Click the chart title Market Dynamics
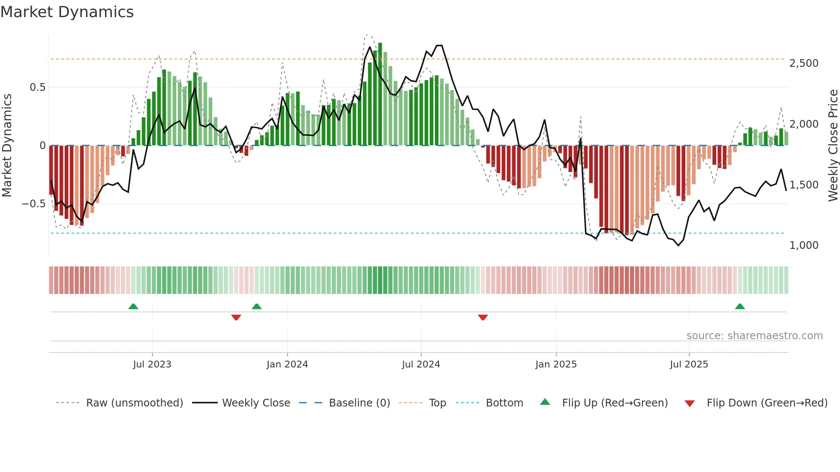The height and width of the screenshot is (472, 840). point(67,12)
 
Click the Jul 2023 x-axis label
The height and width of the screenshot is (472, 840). point(152,364)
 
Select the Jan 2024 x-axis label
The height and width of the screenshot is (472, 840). point(287,364)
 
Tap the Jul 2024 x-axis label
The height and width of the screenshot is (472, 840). point(421,364)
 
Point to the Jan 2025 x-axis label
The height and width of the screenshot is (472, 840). point(556,364)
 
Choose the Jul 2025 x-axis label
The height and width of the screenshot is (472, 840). point(689,364)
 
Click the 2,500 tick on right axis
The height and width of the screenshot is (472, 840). point(804,63)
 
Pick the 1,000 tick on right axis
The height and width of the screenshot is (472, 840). point(804,245)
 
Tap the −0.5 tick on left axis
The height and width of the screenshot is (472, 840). point(33,204)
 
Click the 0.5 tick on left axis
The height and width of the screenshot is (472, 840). point(37,87)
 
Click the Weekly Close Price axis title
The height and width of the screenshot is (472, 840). point(833,145)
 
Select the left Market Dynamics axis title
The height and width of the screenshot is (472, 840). point(7,145)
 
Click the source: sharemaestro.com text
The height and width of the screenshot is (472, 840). point(754,336)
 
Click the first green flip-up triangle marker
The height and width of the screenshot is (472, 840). point(133,306)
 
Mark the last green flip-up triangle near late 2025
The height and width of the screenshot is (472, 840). point(740,306)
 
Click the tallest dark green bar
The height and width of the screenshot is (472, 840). point(380,94)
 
